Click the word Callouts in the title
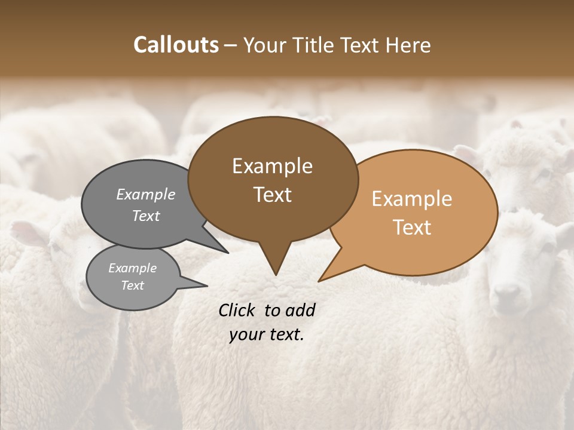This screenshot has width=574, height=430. pos(176,45)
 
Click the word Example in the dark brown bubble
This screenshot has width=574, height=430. pos(272,166)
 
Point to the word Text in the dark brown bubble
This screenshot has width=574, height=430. pos(272,195)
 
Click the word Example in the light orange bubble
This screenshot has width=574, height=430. pos(412,199)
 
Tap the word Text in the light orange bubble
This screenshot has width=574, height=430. pos(412,228)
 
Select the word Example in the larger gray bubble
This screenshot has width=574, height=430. pos(146,194)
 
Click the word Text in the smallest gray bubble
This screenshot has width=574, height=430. pos(132,285)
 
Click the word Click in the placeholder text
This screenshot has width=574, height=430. pos(238,310)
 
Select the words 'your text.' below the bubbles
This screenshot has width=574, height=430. pos(267,334)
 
